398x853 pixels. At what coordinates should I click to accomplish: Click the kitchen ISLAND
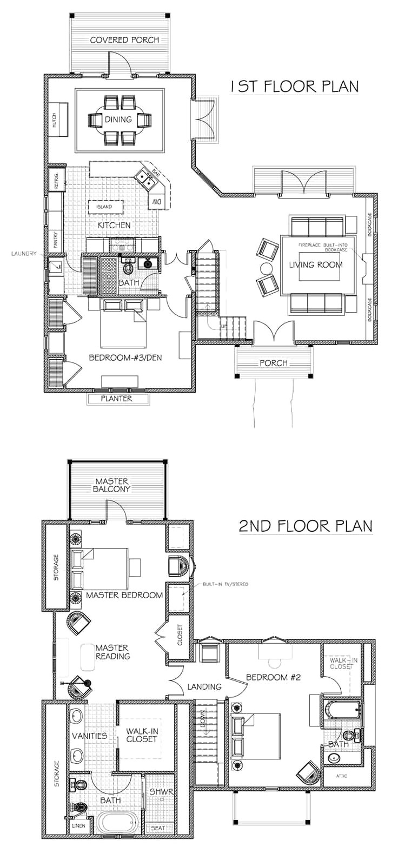coord(104,207)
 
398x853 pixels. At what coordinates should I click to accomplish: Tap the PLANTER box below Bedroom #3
coord(117,399)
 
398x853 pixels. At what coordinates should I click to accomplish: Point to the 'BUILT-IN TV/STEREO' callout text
coord(225,584)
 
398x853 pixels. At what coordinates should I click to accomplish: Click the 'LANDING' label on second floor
coord(205,687)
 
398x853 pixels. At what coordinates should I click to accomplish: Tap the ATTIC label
coord(341,776)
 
